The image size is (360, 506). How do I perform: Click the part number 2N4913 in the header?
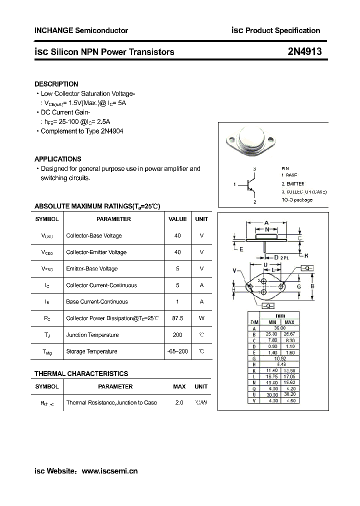coord(304,51)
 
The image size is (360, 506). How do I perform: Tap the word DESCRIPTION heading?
coord(56,84)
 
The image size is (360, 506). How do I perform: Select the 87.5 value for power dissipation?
coord(177,318)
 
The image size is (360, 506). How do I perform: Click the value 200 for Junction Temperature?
coord(177,334)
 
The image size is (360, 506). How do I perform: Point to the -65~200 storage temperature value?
coord(177,351)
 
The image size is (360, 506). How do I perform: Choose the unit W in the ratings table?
coord(201,318)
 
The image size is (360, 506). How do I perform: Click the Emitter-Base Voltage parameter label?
coord(91,268)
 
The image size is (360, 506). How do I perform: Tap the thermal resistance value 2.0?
coord(179,402)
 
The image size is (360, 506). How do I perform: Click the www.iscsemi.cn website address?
coord(109,470)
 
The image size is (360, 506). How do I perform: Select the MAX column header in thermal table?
coord(179,386)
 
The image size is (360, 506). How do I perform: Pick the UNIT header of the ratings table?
coord(201,219)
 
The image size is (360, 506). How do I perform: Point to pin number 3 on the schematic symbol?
coord(254,169)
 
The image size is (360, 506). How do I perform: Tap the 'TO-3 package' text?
coord(296,200)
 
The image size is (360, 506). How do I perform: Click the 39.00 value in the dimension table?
coord(280,328)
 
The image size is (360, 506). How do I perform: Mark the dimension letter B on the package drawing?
coord(312,286)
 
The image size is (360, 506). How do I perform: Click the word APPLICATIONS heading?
coord(57,159)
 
